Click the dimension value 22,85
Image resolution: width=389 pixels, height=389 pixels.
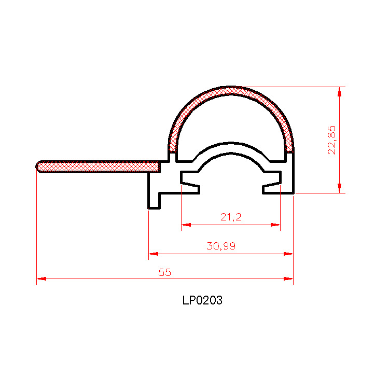pyautogui.click(x=332, y=140)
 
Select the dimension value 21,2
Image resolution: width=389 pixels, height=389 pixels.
pyautogui.click(x=231, y=217)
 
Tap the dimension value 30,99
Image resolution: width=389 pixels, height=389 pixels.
pyautogui.click(x=221, y=246)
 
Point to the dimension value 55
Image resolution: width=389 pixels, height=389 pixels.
pyautogui.click(x=165, y=272)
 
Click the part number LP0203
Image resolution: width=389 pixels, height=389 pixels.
pyautogui.click(x=202, y=300)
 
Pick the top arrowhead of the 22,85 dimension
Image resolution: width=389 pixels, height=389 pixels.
pyautogui.click(x=340, y=92)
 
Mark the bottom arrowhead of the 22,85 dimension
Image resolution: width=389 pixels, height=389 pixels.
pyautogui.click(x=340, y=188)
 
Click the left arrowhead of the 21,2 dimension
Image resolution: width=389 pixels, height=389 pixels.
pyautogui.click(x=186, y=225)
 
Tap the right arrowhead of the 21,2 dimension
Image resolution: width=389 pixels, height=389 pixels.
pyautogui.click(x=275, y=225)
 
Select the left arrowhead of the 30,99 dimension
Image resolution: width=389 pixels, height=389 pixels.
pyautogui.click(x=154, y=254)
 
